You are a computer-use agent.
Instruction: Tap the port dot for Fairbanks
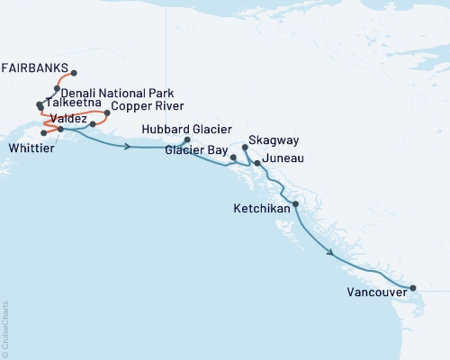pyautogui.click(x=74, y=73)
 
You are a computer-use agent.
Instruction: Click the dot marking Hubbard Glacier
pyautogui.click(x=187, y=140)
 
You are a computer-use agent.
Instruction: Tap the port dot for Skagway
pyautogui.click(x=246, y=147)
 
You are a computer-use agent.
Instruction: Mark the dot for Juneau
pyautogui.click(x=257, y=163)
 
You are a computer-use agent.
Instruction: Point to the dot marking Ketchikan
pyautogui.click(x=296, y=204)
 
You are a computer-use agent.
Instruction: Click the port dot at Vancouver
pyautogui.click(x=413, y=288)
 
